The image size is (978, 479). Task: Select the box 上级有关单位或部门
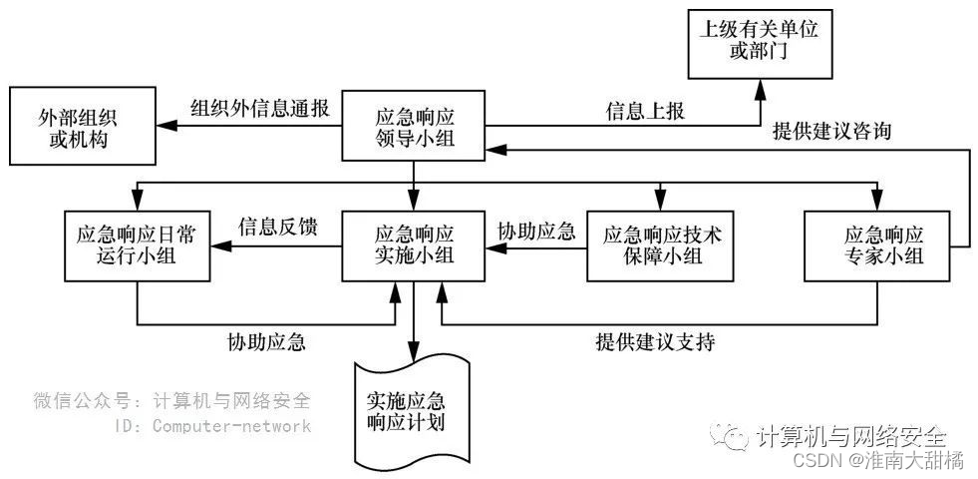click(759, 39)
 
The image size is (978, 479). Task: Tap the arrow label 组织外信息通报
click(260, 108)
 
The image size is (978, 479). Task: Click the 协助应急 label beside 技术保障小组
click(536, 231)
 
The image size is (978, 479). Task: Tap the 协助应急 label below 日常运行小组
click(265, 341)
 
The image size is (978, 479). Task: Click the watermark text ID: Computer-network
click(213, 426)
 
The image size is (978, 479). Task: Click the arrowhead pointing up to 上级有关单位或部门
click(759, 88)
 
